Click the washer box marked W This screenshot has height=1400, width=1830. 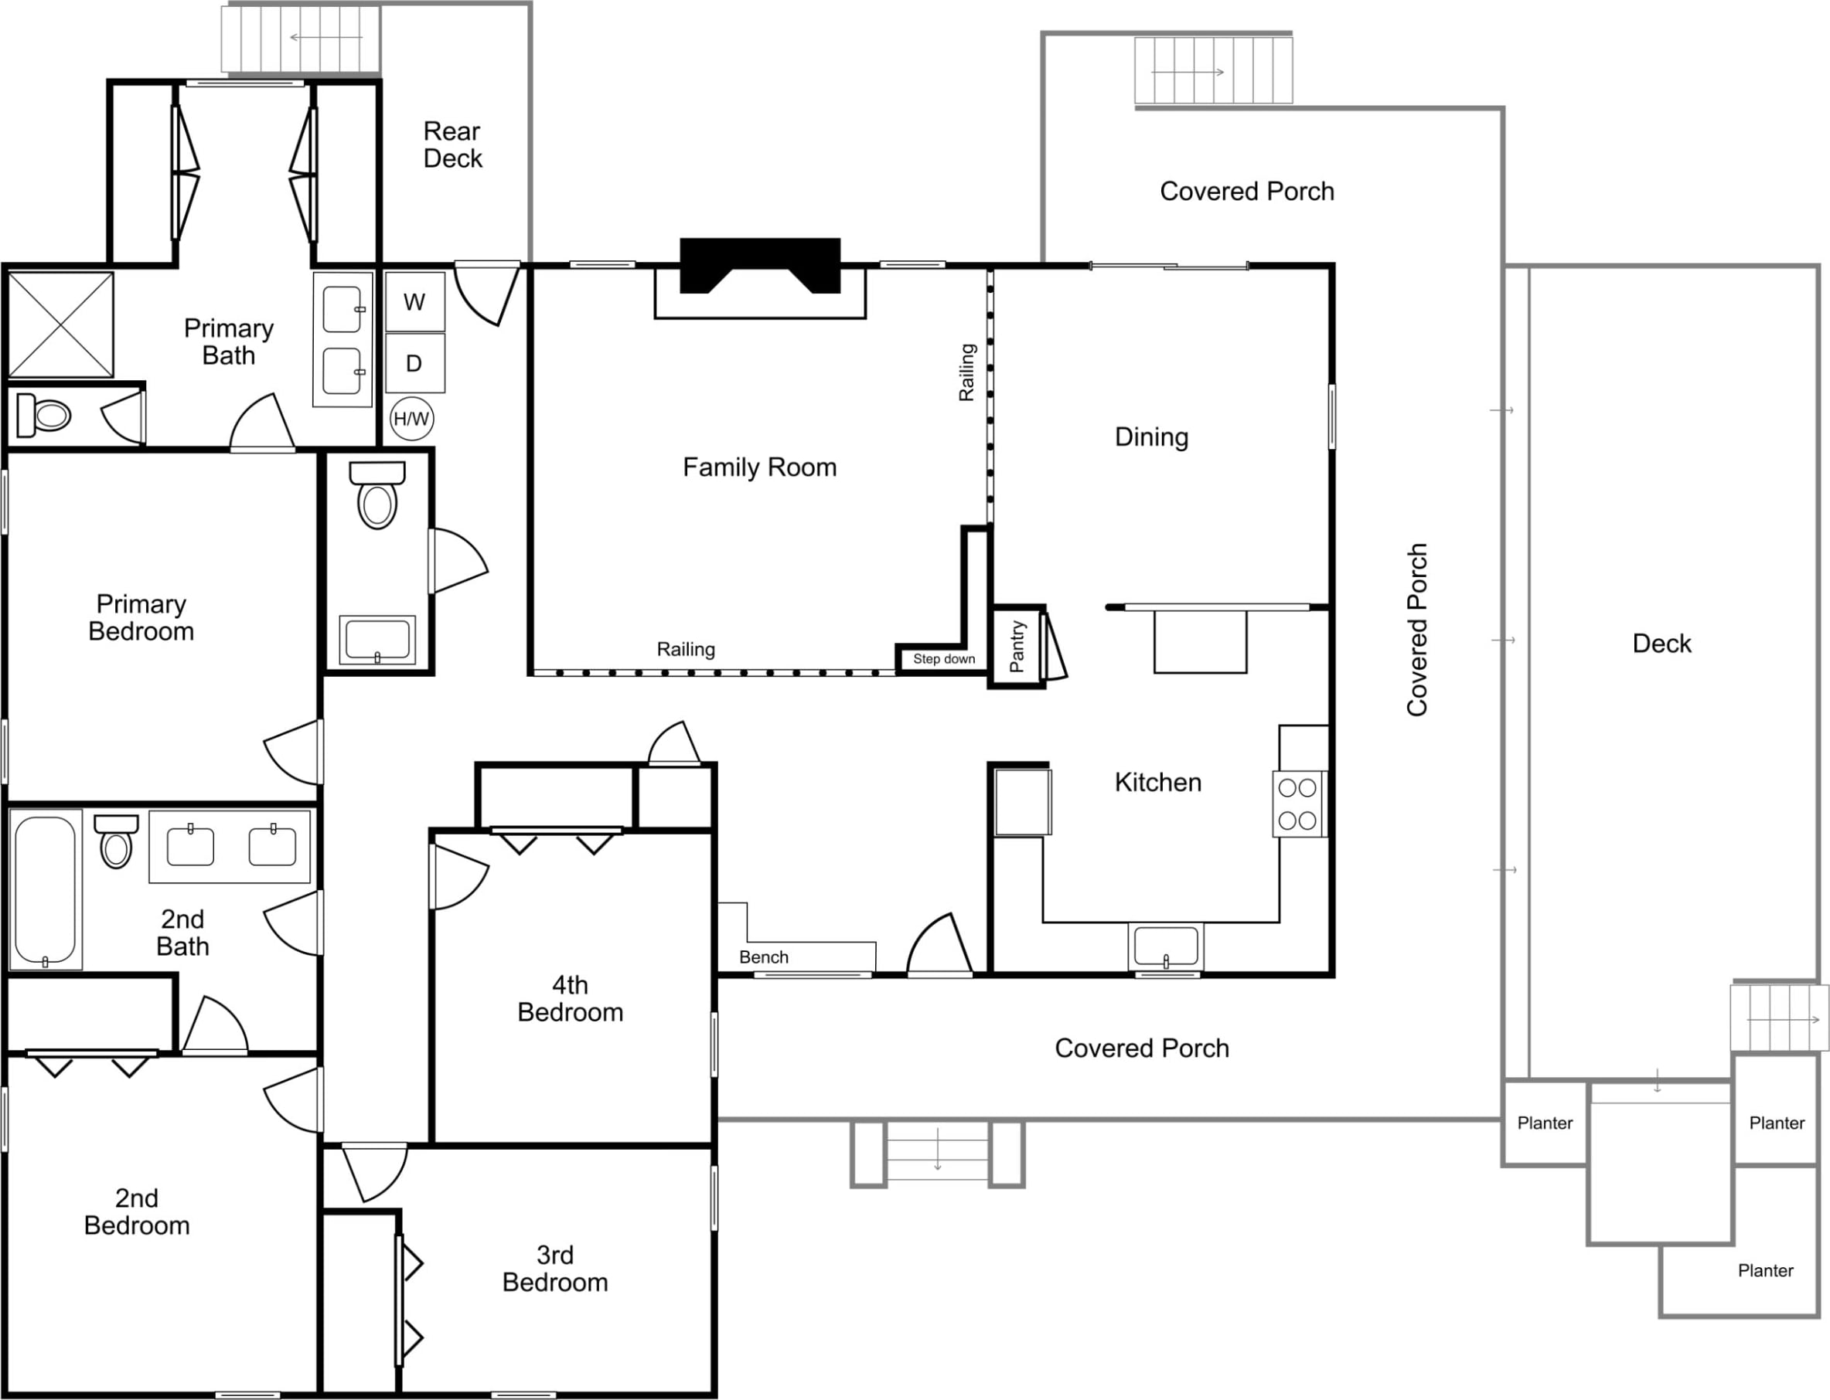coord(414,301)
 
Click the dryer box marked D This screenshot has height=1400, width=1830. coord(414,362)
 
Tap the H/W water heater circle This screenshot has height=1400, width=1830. coord(412,420)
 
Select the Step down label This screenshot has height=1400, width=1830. coord(944,659)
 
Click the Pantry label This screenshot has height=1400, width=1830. coord(1017,647)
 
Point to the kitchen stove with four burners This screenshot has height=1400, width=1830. coord(1299,804)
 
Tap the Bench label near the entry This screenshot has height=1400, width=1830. coord(764,957)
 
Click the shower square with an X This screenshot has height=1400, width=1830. coord(61,325)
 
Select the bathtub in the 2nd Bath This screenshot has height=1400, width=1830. coord(46,890)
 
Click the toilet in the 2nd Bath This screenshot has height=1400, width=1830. coord(116,841)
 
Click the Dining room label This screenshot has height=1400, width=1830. coord(1151,437)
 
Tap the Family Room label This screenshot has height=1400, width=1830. coord(759,467)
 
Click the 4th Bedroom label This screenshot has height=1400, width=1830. coord(571,998)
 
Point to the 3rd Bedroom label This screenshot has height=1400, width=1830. coord(555,1269)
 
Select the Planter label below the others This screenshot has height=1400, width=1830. coord(1766,1271)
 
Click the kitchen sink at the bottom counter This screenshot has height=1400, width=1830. coord(1166,946)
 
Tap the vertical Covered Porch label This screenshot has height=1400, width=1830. coord(1417,630)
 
